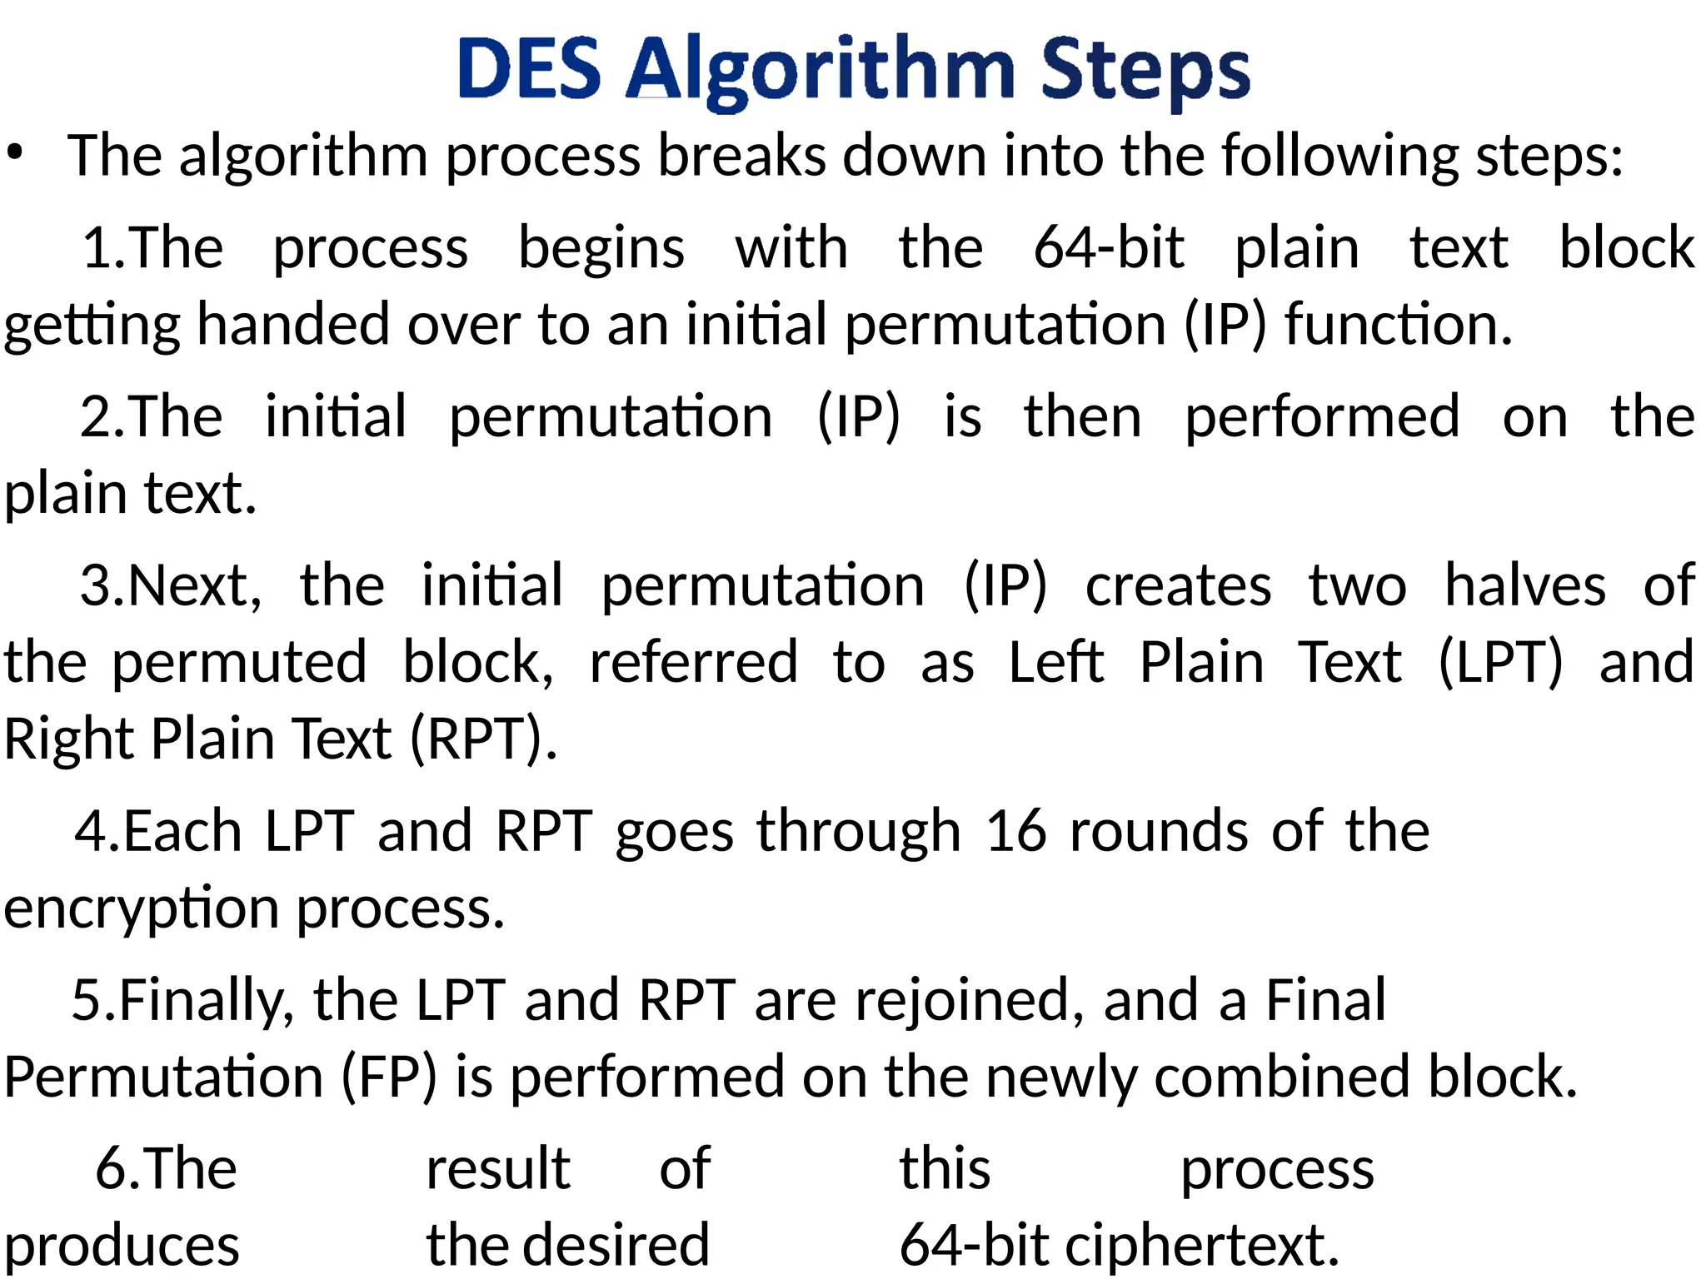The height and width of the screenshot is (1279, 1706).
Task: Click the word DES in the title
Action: [529, 68]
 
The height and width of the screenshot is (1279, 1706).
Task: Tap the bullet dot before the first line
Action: [15, 153]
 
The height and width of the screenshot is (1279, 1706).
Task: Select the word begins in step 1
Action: [601, 248]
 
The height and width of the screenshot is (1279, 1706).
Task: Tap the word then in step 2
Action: [1082, 416]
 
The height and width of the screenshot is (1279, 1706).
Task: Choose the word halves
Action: [1524, 585]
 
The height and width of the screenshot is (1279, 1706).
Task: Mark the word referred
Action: [693, 662]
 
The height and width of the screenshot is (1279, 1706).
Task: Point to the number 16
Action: [1015, 831]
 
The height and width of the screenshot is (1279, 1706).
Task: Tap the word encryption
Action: [142, 908]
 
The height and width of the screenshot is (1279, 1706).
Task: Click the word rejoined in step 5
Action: [969, 1000]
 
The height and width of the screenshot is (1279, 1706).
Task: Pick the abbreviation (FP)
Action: [389, 1077]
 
